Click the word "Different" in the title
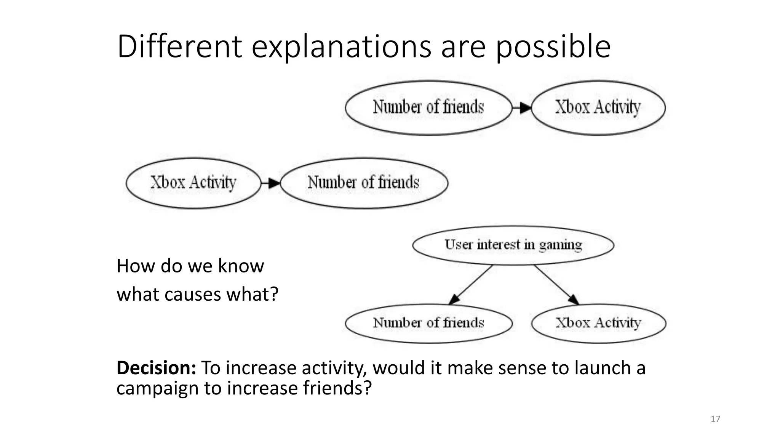(179, 46)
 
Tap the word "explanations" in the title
(341, 46)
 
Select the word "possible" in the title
(553, 46)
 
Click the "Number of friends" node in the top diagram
(428, 107)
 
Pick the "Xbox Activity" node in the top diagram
(598, 107)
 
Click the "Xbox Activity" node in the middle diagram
(193, 183)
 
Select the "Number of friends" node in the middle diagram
(364, 183)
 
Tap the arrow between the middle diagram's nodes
(271, 183)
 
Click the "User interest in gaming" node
(513, 245)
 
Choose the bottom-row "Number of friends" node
(428, 323)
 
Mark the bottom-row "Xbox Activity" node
(598, 323)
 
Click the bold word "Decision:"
(156, 368)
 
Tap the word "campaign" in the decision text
(157, 388)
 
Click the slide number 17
(715, 419)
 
